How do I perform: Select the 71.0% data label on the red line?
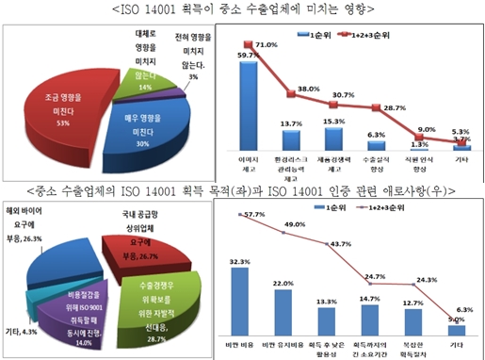266,45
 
